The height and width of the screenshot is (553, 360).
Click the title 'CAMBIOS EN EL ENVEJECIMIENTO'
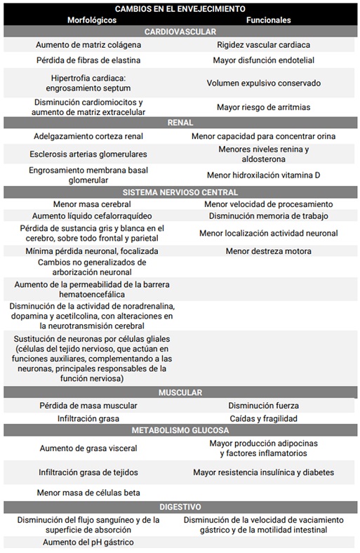[180, 8]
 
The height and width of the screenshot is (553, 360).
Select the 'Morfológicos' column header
[92, 20]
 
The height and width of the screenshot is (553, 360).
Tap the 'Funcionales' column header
[268, 20]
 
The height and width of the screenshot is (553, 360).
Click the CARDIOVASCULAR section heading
[180, 32]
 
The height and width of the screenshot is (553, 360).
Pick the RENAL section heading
[180, 123]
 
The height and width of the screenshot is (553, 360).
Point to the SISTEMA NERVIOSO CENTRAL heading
[180, 192]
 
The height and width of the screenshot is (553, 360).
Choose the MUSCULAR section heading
[180, 392]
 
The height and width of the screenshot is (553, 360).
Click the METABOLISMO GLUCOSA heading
[180, 430]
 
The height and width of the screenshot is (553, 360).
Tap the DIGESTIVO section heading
[180, 506]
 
